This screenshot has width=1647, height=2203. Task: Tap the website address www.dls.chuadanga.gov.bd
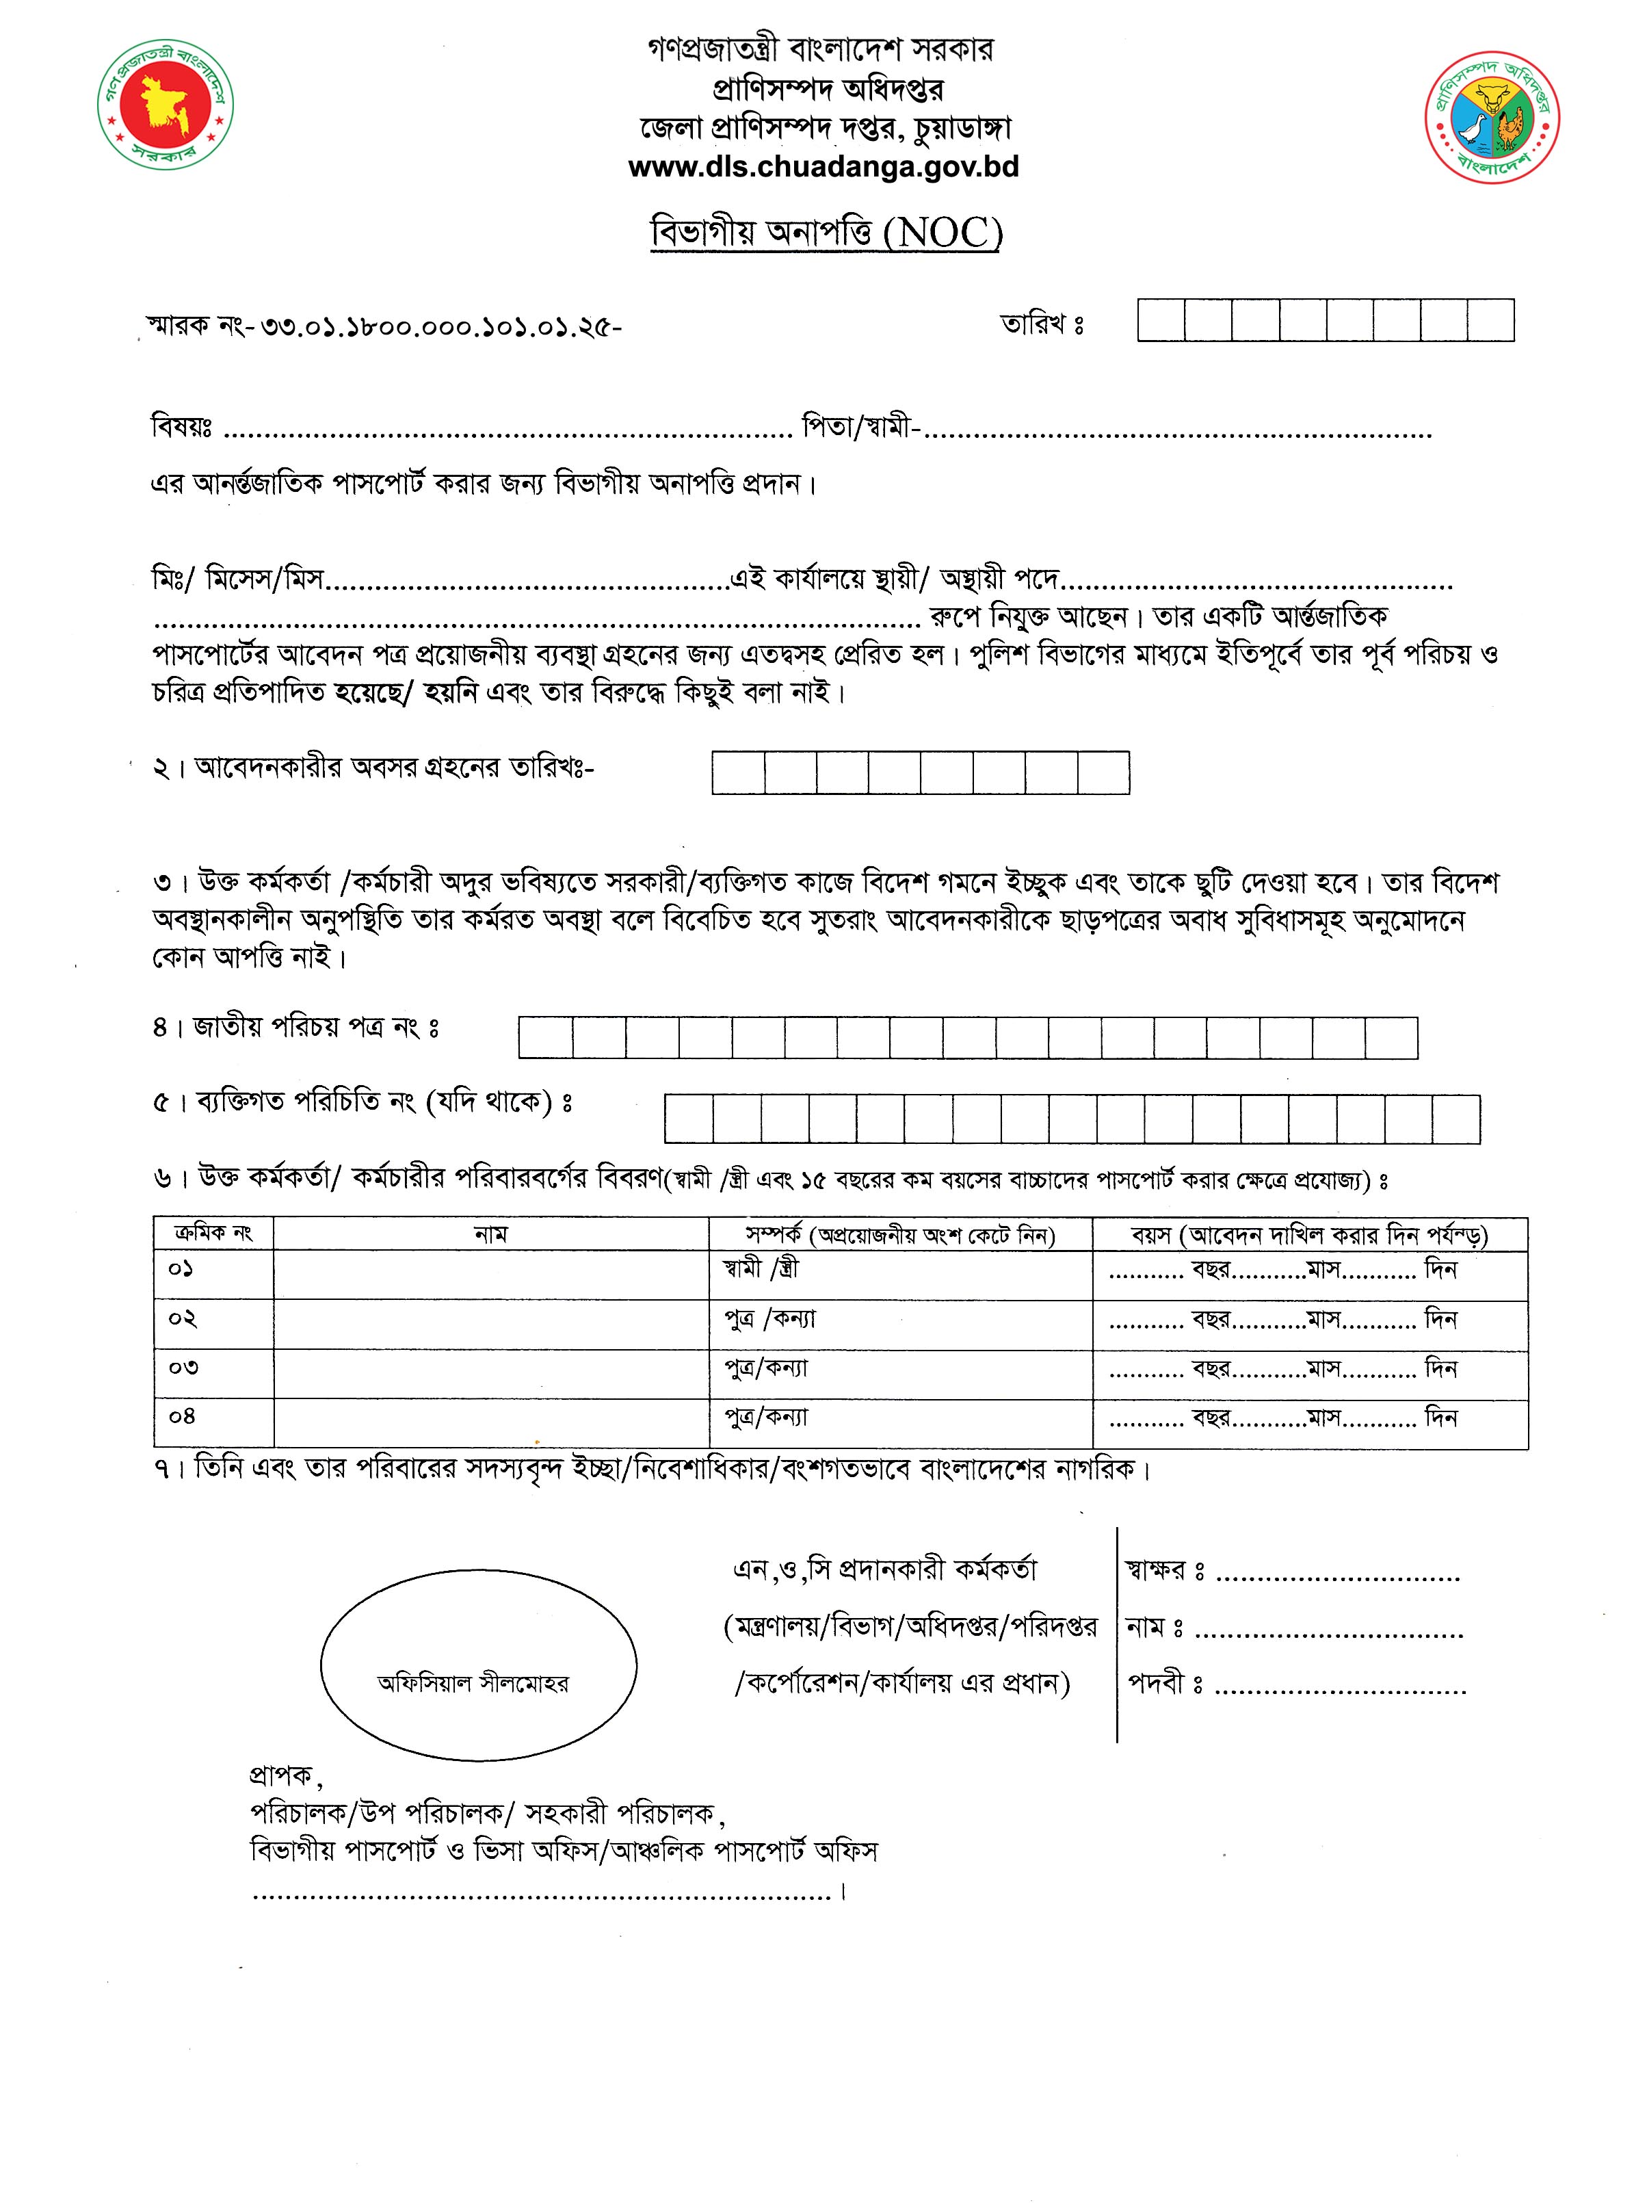pos(823,166)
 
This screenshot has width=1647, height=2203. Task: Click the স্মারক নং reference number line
pos(384,326)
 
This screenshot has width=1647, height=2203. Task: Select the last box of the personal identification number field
pos(1455,1119)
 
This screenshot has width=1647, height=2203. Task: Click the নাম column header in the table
pos(490,1234)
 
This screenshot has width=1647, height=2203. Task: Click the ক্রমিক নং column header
pos(213,1234)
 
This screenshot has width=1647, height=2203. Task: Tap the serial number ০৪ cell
pos(182,1416)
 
